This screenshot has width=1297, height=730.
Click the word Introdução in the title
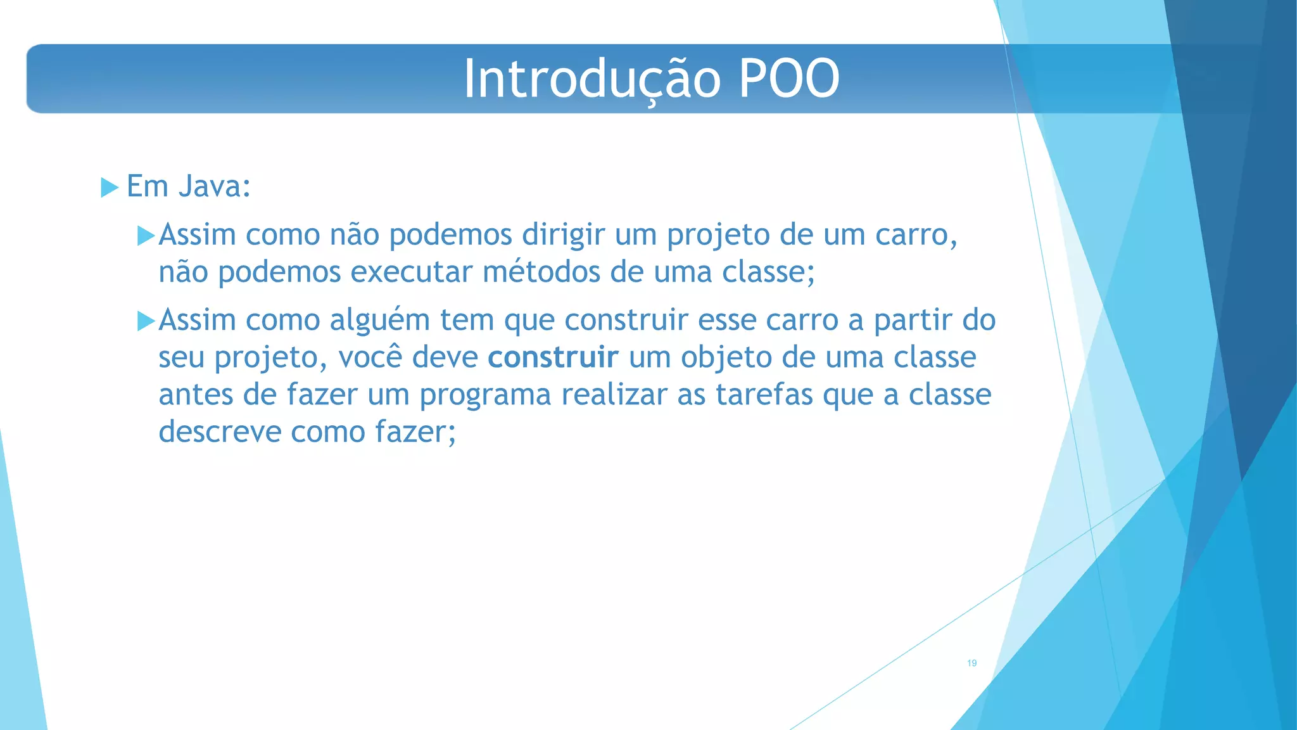592,79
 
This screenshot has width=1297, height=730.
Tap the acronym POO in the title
789,79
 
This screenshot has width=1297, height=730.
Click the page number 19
971,663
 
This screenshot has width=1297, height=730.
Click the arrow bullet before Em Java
110,188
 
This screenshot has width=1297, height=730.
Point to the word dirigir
563,235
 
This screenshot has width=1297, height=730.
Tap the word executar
412,272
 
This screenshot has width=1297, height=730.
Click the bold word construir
552,357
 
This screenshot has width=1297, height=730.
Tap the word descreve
220,432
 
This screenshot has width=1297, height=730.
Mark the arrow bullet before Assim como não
146,236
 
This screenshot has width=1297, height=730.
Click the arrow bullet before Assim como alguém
146,321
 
